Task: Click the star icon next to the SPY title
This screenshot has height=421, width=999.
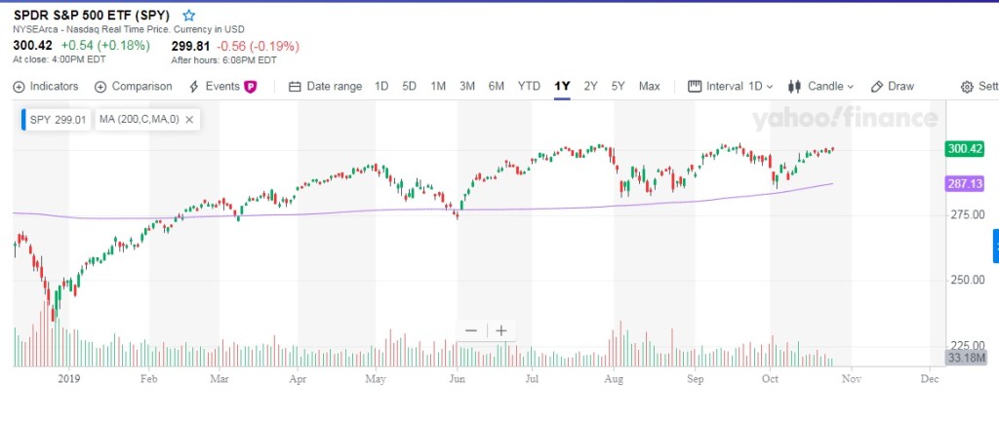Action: [x=188, y=16]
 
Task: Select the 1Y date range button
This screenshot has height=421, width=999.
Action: [x=562, y=86]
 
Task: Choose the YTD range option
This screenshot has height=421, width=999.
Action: [x=529, y=86]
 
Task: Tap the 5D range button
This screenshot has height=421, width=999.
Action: [x=410, y=86]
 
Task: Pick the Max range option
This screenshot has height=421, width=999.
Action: [x=649, y=86]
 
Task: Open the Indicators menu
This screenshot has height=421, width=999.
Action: [x=46, y=86]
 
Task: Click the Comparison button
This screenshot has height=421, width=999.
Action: [x=134, y=86]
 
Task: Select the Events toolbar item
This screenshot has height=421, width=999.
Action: [x=222, y=86]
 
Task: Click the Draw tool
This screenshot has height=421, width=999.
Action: [x=893, y=86]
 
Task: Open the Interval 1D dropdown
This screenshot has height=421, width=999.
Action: [x=731, y=86]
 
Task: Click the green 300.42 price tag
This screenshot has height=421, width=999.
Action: [x=964, y=149]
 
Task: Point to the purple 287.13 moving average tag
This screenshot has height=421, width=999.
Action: [x=964, y=183]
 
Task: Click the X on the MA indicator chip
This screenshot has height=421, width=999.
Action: [x=189, y=120]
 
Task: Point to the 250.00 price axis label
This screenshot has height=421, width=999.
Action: [x=963, y=280]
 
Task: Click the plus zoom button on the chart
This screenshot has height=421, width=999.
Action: [x=501, y=330]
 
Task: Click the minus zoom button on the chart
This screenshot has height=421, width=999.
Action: [x=471, y=330]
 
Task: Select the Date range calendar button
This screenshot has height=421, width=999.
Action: [x=326, y=86]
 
